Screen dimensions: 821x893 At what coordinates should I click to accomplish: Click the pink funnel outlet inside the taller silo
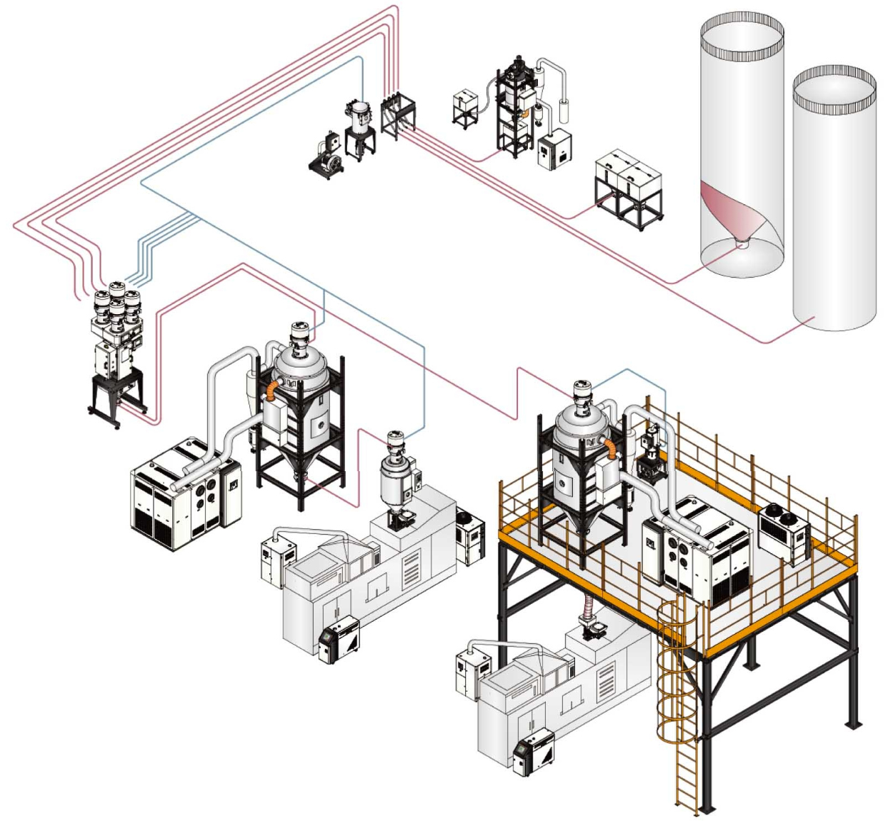(742, 242)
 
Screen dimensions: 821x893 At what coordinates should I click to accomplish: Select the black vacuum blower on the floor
(327, 156)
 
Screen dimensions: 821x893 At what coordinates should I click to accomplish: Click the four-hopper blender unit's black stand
(118, 396)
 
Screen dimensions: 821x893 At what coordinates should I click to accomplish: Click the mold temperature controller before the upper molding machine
(339, 638)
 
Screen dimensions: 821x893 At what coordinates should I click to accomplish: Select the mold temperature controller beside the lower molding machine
(534, 752)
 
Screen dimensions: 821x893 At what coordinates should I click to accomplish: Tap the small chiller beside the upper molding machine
(469, 535)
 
